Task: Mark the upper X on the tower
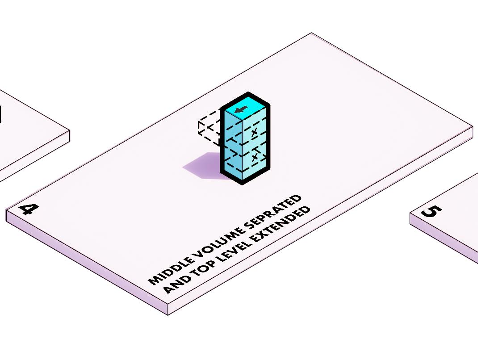tap(255, 132)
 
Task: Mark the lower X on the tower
tap(255, 157)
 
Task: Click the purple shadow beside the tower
tap(203, 166)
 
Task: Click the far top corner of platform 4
tap(311, 33)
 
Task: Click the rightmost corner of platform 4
tap(473, 127)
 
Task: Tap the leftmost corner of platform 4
tap(6, 210)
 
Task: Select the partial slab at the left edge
tap(27, 134)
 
